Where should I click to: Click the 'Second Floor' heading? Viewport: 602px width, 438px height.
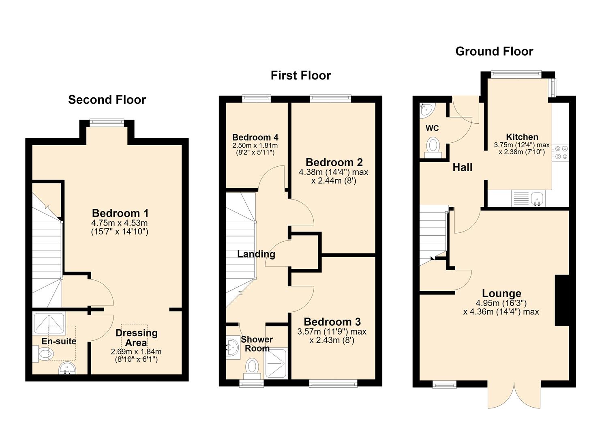107,100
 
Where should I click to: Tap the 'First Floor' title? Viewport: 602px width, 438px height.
301,75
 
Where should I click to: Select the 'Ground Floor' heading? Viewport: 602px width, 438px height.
494,52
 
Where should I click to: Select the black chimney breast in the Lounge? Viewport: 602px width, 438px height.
562,301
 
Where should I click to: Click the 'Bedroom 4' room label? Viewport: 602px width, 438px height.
255,137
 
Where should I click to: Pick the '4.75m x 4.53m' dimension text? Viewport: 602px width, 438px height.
119,223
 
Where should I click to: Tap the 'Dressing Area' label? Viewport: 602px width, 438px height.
137,338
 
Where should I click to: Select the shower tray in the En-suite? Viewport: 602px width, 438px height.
49,324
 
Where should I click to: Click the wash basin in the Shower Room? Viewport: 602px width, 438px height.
233,347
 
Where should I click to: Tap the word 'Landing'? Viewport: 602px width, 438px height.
256,254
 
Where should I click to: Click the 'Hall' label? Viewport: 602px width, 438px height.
462,167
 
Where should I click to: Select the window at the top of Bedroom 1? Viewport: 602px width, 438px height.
107,123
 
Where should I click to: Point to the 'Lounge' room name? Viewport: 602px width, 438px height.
501,293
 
